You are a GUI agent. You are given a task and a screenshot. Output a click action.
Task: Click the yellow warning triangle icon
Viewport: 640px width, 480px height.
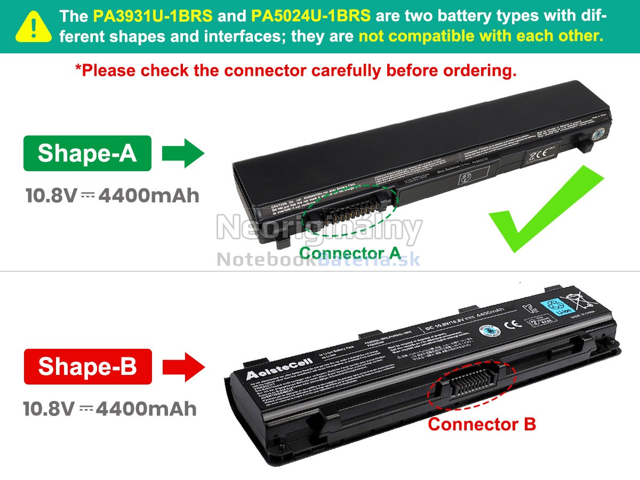34,27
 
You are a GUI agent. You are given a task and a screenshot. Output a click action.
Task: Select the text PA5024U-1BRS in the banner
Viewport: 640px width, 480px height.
310,15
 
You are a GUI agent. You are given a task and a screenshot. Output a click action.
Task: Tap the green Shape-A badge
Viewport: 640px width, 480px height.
87,153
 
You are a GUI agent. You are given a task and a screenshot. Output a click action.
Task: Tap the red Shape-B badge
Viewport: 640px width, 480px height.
87,366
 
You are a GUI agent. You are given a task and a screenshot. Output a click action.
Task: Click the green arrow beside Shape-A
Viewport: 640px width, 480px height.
183,154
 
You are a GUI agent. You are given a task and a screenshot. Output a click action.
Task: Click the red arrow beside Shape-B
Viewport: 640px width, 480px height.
183,366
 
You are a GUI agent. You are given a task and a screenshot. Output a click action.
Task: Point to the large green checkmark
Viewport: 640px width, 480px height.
544,211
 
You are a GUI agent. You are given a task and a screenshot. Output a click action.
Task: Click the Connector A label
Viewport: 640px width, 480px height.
349,253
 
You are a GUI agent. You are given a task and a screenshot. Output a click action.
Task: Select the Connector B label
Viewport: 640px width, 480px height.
482,425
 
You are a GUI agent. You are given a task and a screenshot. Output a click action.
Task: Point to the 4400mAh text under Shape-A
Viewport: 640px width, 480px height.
149,196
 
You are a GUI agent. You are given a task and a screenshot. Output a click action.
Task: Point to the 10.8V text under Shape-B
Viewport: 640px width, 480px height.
49,409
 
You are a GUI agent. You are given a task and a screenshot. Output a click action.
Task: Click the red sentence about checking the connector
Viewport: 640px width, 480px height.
295,70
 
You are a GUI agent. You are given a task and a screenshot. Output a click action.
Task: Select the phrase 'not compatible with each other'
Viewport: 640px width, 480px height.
481,36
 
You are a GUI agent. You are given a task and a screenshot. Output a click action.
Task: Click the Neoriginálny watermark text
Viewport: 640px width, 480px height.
319,229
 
